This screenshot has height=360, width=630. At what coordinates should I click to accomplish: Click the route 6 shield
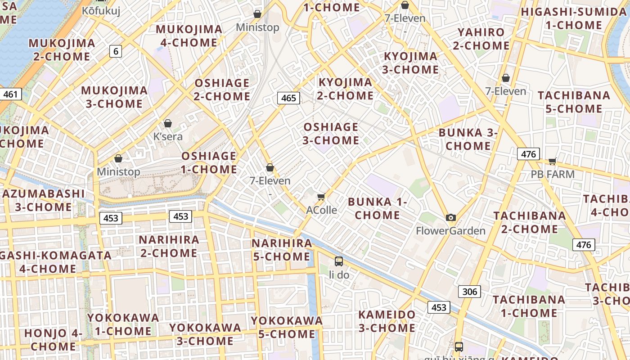116,51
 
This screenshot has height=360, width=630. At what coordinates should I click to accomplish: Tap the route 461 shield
10,94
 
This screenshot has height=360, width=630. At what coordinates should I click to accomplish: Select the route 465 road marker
288,98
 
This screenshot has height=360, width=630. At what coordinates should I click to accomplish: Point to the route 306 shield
469,292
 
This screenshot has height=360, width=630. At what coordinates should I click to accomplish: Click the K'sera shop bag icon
168,123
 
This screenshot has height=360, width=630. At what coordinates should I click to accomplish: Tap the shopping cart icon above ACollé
321,197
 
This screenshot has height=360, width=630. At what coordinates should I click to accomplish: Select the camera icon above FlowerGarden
450,218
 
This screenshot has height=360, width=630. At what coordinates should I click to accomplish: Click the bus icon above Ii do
339,261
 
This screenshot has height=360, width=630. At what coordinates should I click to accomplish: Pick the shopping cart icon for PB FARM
552,161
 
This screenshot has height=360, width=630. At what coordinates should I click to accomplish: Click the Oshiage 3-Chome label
331,134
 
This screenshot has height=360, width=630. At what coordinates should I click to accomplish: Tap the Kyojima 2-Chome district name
346,89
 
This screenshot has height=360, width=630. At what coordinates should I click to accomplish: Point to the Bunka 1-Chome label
377,208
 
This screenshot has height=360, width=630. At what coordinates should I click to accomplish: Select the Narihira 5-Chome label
281,250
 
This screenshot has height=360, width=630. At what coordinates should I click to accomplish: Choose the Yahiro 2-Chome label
481,39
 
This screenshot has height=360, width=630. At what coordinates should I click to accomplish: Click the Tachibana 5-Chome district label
574,102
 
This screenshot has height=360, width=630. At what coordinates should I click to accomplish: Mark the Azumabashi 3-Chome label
43,200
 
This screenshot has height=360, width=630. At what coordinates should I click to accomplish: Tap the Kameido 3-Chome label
387,321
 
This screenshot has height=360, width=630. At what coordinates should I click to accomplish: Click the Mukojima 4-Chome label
189,36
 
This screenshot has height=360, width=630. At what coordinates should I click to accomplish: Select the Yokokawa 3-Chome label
205,334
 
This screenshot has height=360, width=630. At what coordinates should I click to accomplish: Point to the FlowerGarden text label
450,231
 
